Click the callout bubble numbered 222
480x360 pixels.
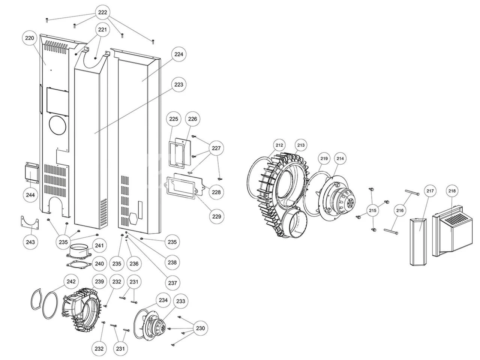[102, 12]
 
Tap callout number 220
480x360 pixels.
[29, 38]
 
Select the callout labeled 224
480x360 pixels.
[179, 54]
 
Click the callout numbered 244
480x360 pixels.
[30, 195]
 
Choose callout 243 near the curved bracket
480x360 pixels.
[30, 242]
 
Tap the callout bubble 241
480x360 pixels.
[99, 246]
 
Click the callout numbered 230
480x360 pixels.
[201, 328]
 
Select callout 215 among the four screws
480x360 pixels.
[372, 210]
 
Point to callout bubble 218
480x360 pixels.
[452, 191]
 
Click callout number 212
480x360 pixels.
[279, 145]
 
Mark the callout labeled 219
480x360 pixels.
[324, 159]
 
